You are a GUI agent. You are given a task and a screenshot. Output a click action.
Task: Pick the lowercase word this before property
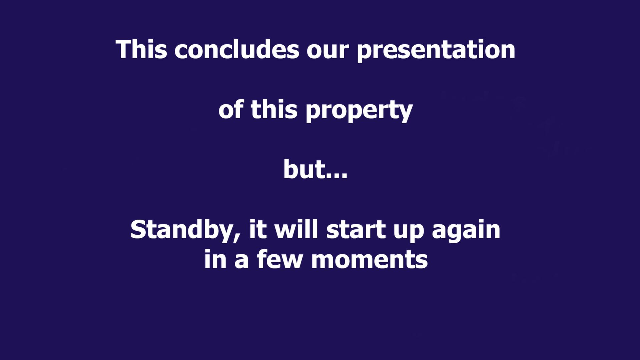[274, 109]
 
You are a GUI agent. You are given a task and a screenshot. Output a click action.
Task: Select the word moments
[369, 260]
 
